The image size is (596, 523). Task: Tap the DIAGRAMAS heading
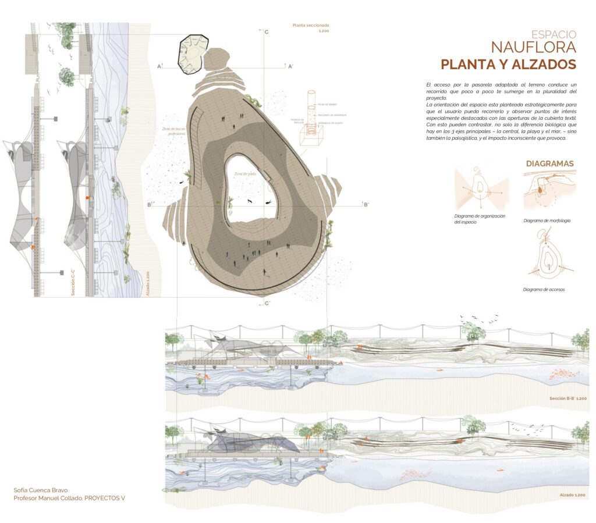click(550, 164)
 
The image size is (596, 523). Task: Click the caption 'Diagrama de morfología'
click(547, 220)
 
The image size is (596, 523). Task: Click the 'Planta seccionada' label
click(311, 26)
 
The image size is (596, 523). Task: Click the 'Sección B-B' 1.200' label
click(567, 399)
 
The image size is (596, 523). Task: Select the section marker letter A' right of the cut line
click(290, 66)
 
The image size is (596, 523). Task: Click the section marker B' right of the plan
click(366, 204)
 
